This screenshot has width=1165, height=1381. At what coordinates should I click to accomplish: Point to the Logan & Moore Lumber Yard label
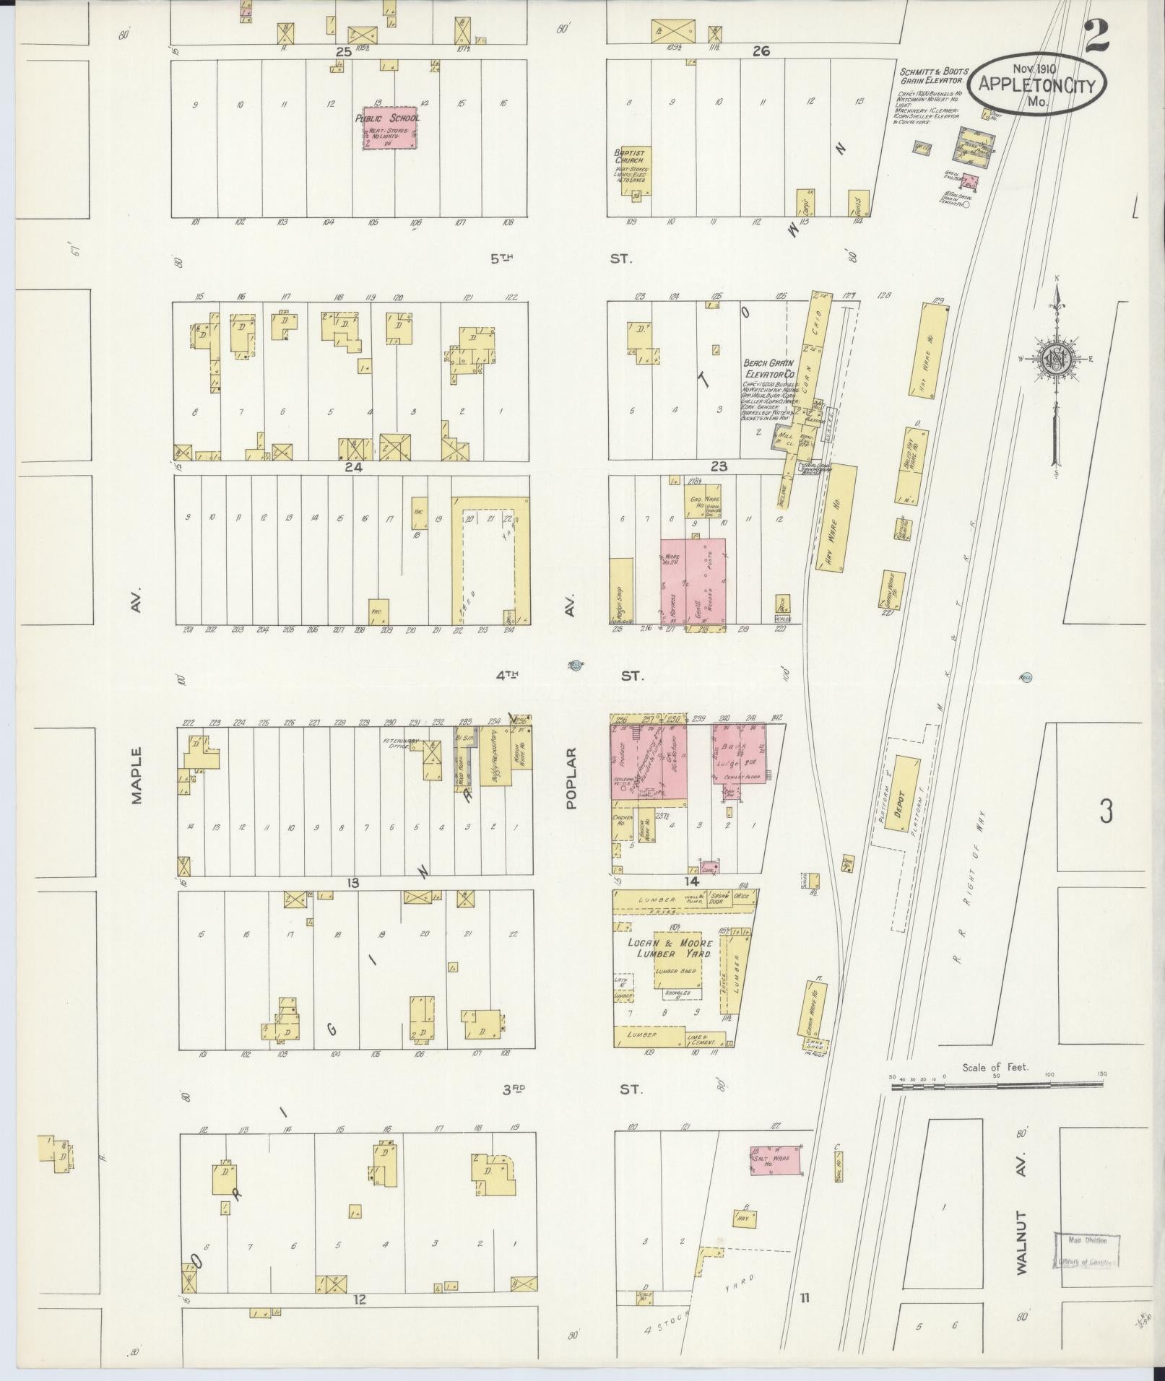click(x=670, y=948)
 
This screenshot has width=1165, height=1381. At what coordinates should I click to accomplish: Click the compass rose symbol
click(x=1055, y=359)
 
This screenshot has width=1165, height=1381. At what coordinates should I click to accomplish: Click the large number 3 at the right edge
click(x=1106, y=811)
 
